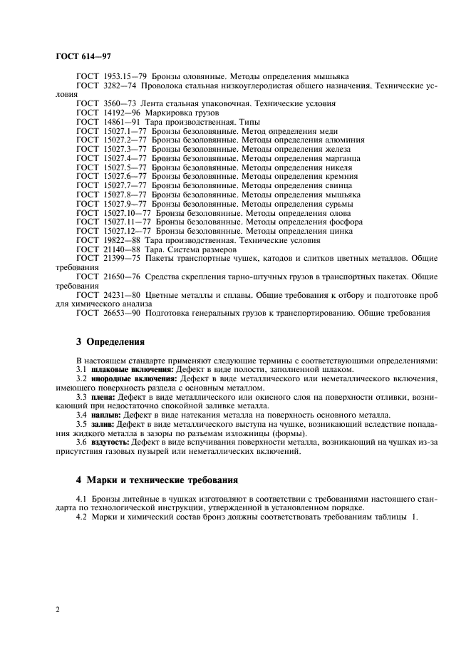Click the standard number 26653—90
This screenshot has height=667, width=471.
click(x=123, y=314)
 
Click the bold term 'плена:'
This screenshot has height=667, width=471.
click(x=104, y=396)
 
